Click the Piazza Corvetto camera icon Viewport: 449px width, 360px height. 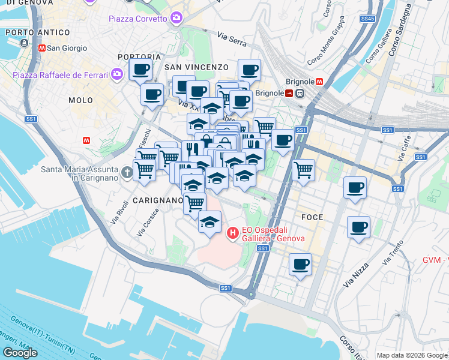point(176,18)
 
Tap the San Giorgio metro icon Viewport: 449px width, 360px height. point(41,48)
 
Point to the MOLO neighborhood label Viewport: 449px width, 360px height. point(80,100)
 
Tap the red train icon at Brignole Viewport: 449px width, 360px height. point(289,93)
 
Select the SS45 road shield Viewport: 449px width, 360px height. point(367,19)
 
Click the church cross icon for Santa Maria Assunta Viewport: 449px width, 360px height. point(126,173)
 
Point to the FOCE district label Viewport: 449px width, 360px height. point(313,217)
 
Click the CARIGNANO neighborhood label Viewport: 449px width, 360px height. point(157,200)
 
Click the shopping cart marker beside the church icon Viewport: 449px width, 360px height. point(144,170)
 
